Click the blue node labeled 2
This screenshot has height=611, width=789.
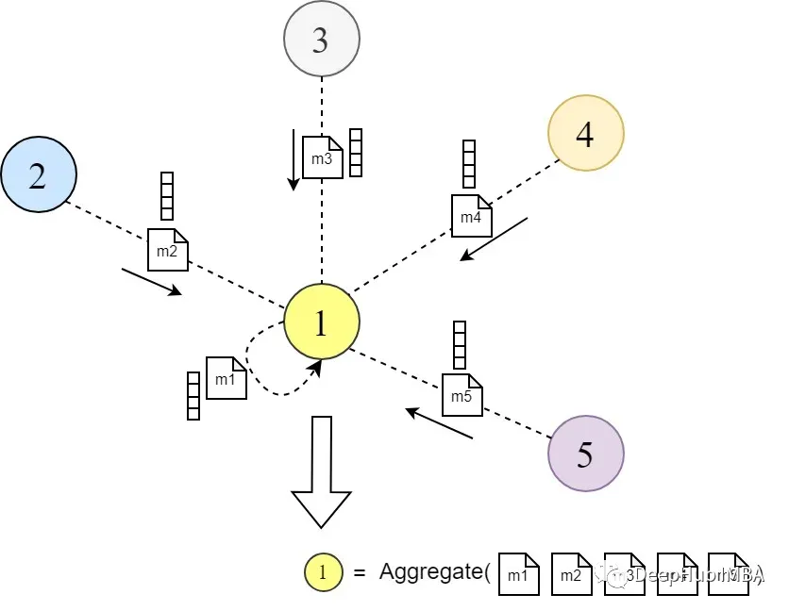point(39,176)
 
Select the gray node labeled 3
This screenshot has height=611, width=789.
point(322,40)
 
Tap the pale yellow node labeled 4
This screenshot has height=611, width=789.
point(585,134)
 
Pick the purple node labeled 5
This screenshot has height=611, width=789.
point(585,454)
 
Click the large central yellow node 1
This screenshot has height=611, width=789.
point(321,322)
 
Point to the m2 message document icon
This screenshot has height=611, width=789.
point(168,250)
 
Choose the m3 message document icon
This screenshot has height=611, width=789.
point(322,157)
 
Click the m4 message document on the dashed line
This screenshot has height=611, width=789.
point(471,217)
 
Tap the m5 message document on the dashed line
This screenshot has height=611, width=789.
point(462,395)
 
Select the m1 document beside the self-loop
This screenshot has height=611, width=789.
point(226,378)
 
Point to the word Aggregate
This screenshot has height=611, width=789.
point(434,571)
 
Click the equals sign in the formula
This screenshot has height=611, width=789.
point(359,572)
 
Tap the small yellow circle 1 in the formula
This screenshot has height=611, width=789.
point(323,572)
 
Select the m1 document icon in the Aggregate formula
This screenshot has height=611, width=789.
point(518,574)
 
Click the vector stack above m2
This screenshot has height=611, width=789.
point(168,196)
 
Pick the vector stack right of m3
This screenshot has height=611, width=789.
point(356,153)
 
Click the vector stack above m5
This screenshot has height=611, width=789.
point(460,345)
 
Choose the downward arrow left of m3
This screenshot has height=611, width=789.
point(294,159)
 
